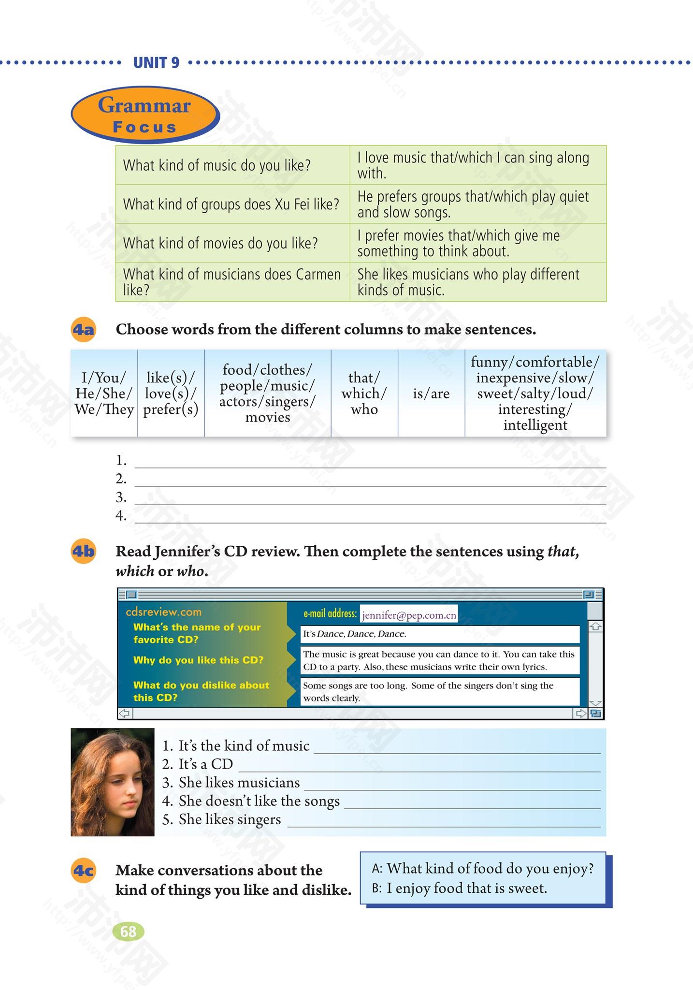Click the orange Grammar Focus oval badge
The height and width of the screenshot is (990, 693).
click(x=144, y=115)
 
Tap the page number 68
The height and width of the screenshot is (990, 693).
click(x=128, y=931)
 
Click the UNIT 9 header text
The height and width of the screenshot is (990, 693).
click(x=156, y=62)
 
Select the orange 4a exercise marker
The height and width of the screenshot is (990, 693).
click(x=83, y=330)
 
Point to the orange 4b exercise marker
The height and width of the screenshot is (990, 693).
click(x=83, y=552)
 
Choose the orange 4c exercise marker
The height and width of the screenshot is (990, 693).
click(x=83, y=871)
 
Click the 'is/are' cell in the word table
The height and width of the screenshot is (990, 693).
click(x=431, y=393)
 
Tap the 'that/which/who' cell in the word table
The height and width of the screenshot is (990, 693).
click(x=364, y=393)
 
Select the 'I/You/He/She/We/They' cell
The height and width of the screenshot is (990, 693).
click(x=104, y=393)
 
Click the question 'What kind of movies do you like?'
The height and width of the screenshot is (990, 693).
click(x=220, y=243)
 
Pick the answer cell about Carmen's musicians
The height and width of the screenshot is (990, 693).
click(x=468, y=282)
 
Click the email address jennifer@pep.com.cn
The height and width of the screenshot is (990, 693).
click(x=409, y=615)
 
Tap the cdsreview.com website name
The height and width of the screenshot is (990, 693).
click(x=163, y=612)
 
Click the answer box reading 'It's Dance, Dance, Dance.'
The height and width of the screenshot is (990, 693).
click(x=439, y=634)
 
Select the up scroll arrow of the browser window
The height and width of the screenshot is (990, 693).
click(x=596, y=627)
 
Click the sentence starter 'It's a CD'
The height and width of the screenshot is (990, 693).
click(x=205, y=764)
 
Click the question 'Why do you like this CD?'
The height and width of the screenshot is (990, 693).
click(x=198, y=660)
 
